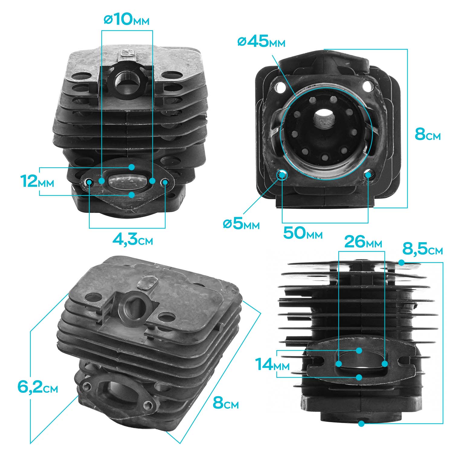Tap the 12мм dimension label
pyautogui.click(x=37, y=181)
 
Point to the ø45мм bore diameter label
pyautogui.click(x=261, y=42)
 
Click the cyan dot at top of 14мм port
pyautogui.click(x=359, y=350)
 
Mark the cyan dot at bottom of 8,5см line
pyautogui.click(x=361, y=423)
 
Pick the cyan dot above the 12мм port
pyautogui.click(x=131, y=167)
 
